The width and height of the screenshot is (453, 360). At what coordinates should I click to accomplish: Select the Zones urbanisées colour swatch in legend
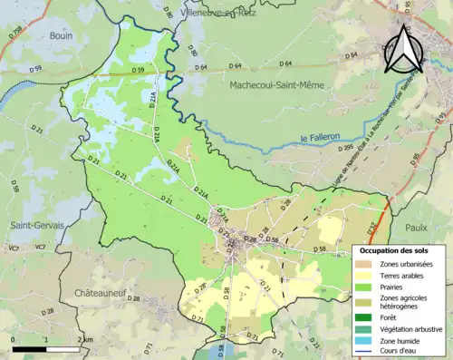point(368,263)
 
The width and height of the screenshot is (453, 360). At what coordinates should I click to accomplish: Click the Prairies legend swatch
point(368,287)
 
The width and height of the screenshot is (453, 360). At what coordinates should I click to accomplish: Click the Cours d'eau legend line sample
point(368,353)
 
